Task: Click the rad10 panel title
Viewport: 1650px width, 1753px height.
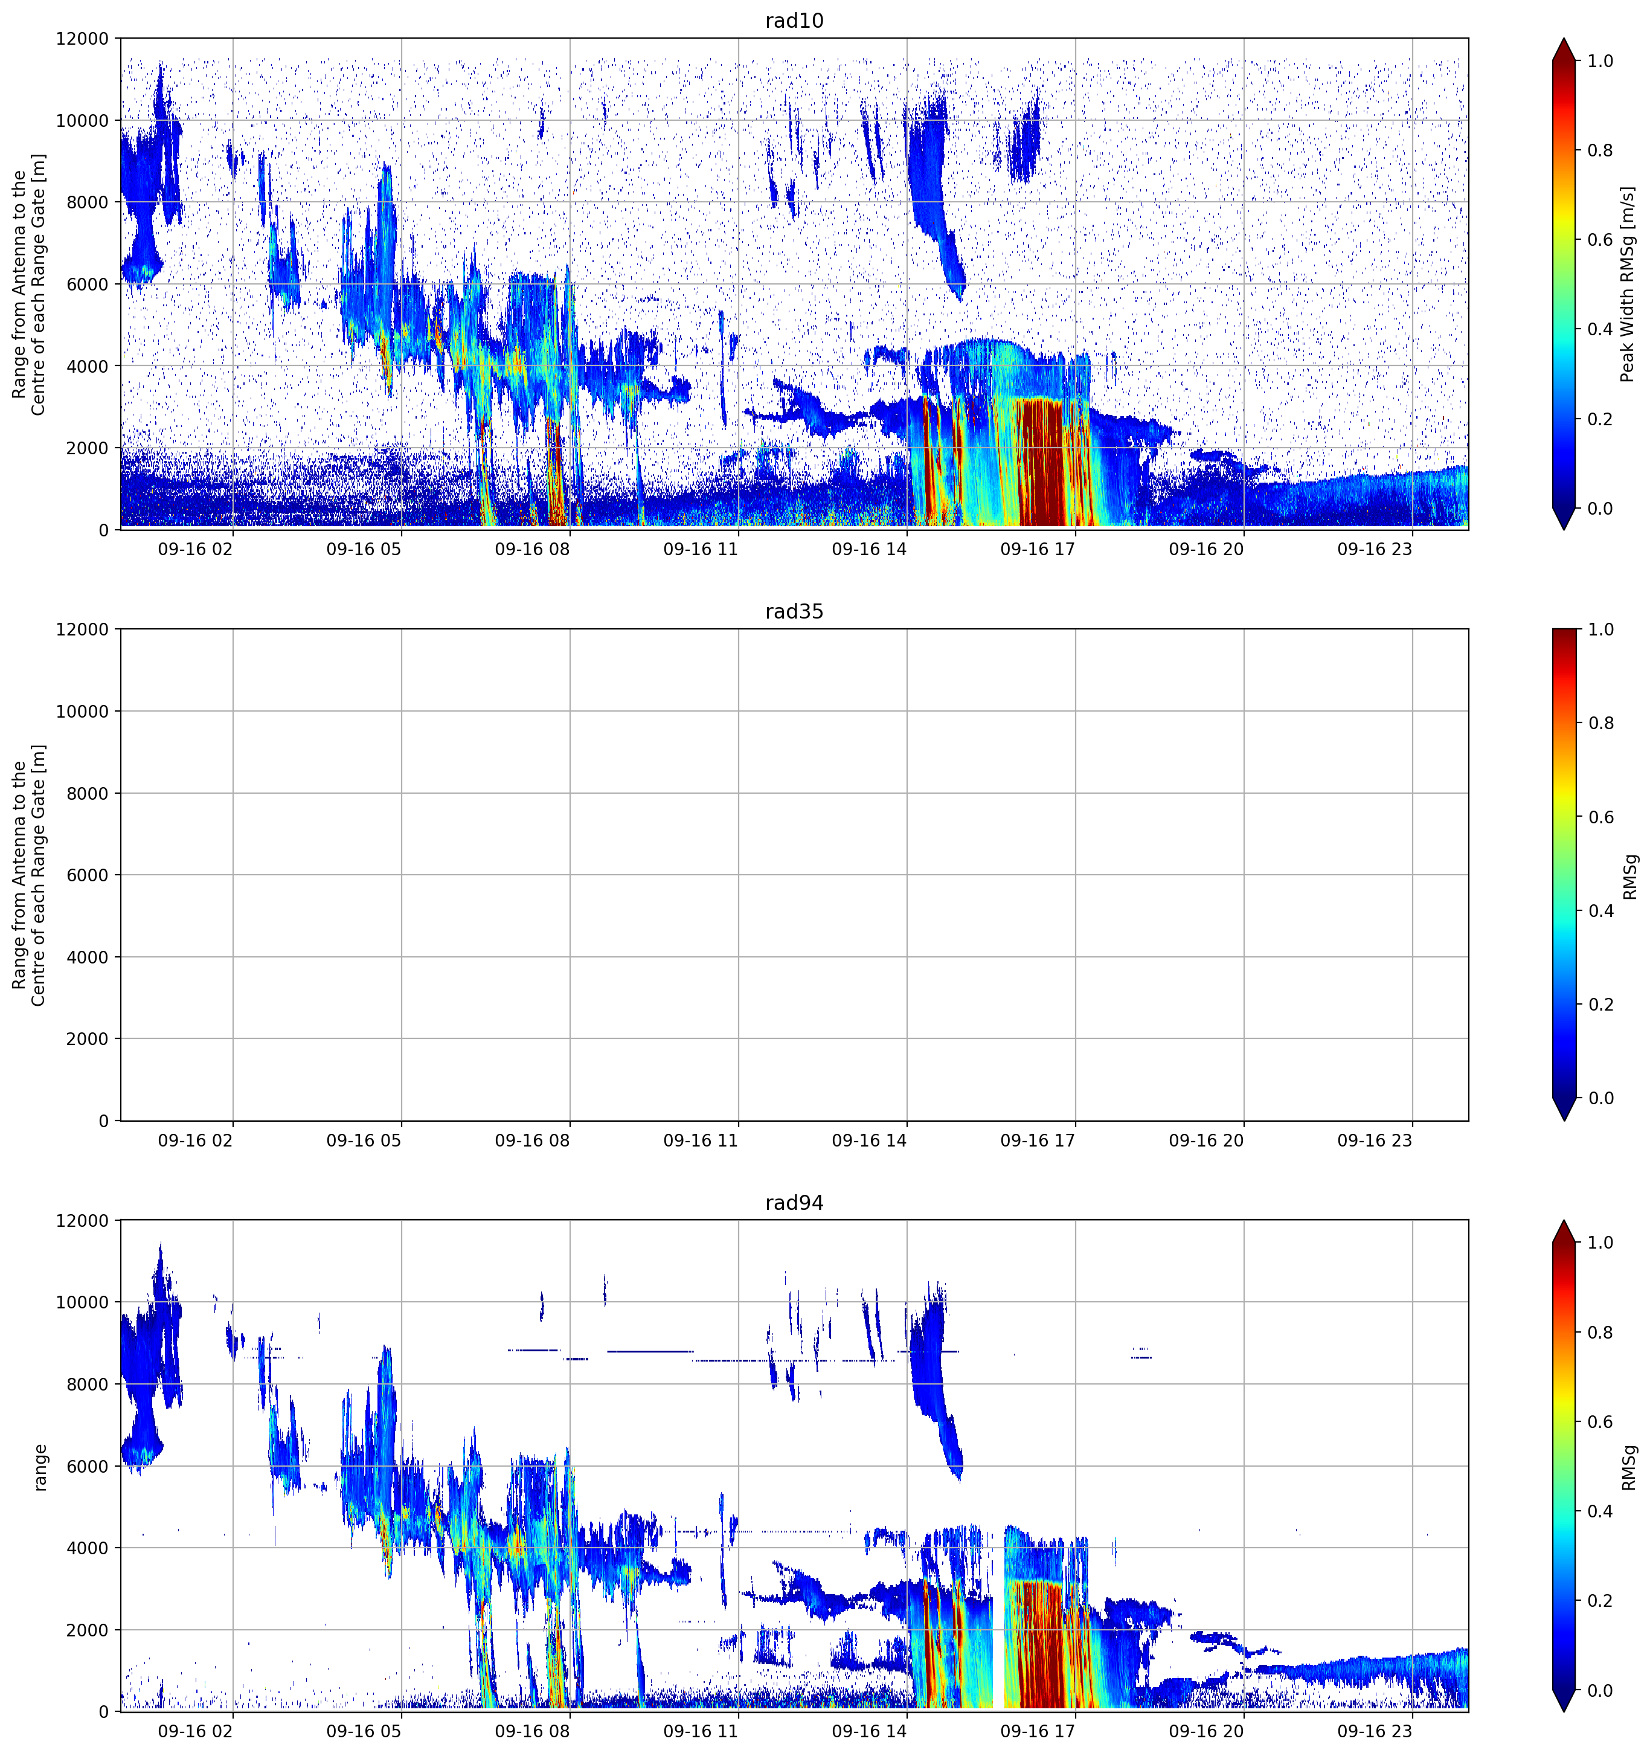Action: (794, 21)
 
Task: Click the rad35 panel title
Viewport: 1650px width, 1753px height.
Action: (794, 612)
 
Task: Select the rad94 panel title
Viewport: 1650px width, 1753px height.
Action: (794, 1203)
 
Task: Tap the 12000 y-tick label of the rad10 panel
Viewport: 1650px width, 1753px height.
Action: (83, 39)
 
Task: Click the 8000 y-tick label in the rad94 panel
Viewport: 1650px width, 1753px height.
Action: (88, 1385)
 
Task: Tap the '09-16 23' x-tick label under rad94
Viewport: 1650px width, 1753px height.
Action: (1375, 1732)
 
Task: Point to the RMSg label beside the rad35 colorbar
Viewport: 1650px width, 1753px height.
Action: (1629, 876)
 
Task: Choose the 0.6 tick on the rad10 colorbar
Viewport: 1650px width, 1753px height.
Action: (1600, 240)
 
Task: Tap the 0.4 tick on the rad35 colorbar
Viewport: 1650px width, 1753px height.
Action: (1600, 911)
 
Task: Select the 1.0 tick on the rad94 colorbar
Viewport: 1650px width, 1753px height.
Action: (1600, 1243)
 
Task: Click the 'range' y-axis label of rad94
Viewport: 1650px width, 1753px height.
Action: (40, 1467)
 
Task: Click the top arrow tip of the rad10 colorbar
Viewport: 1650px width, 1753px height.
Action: (1564, 39)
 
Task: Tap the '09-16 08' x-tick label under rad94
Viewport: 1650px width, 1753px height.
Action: (532, 1732)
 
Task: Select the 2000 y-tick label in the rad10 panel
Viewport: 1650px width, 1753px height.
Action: (88, 448)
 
